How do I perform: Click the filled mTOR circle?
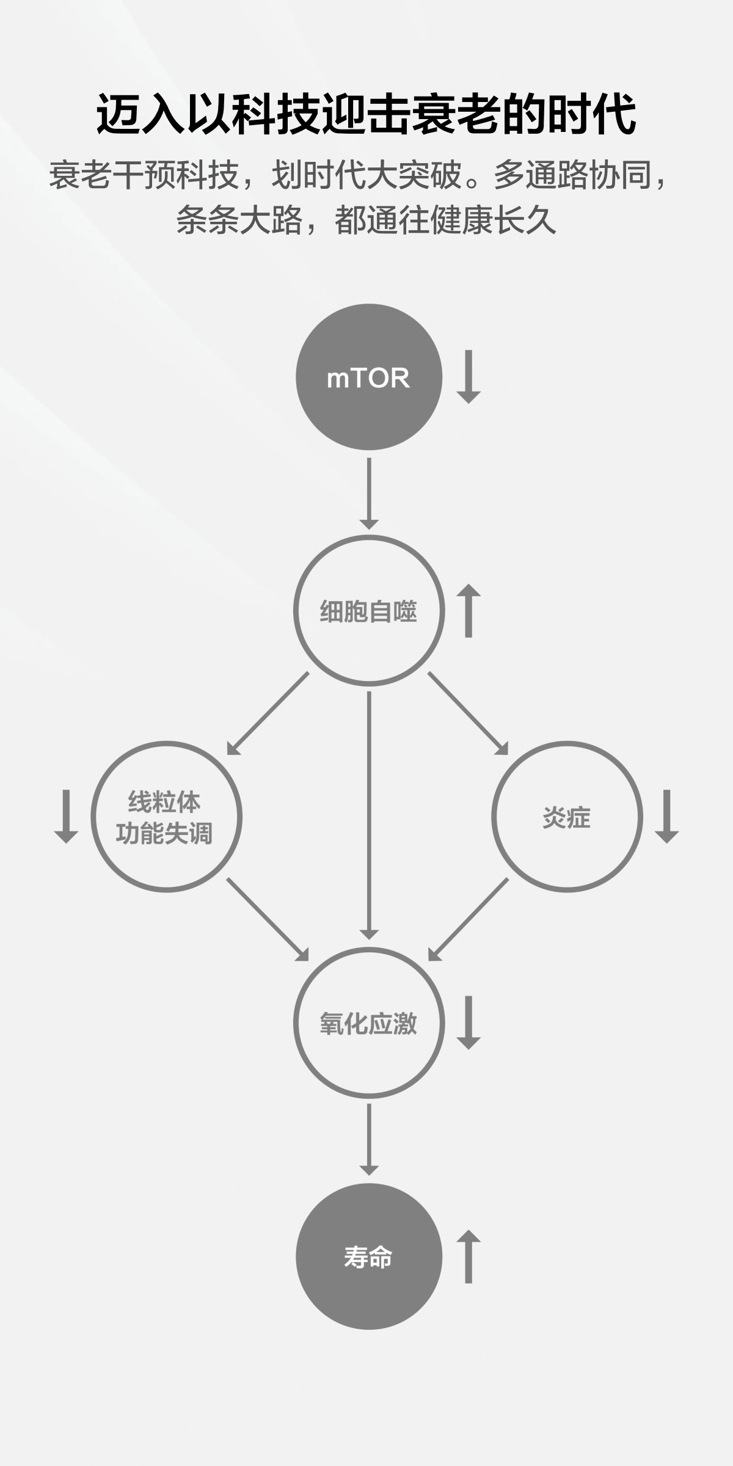(x=368, y=377)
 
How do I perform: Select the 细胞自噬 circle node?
(x=368, y=610)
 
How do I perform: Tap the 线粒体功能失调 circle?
(x=166, y=817)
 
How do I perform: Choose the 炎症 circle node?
(x=567, y=817)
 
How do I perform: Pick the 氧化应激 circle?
(x=368, y=1023)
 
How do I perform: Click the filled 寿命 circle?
(x=368, y=1256)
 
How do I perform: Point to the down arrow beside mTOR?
(x=469, y=376)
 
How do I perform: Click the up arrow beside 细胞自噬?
(x=469, y=610)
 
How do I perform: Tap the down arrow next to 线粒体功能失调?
(x=66, y=816)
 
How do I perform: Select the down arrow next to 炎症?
(x=666, y=816)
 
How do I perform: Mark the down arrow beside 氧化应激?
(x=469, y=1023)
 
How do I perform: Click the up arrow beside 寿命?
(x=469, y=1256)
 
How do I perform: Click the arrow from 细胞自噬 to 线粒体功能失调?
(x=268, y=713)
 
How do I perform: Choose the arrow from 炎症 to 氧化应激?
(x=469, y=919)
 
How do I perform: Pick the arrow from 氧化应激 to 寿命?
(x=368, y=1140)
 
